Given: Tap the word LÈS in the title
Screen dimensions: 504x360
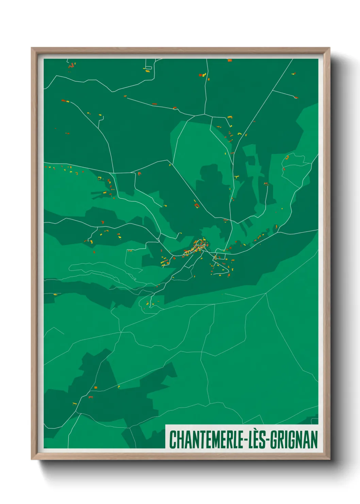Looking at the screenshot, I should point(258,440).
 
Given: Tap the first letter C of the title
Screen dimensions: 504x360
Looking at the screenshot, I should point(173,440).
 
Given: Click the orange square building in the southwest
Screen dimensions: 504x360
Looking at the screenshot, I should point(96,388).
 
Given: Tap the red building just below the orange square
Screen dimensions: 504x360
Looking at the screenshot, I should point(91,397).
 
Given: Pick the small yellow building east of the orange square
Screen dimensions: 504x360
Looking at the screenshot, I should point(119,387).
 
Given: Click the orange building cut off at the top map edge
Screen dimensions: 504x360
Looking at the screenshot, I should point(230,60).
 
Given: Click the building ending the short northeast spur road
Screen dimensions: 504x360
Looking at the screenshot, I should point(296,97).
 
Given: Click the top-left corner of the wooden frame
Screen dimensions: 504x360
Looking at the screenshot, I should point(32,48).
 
